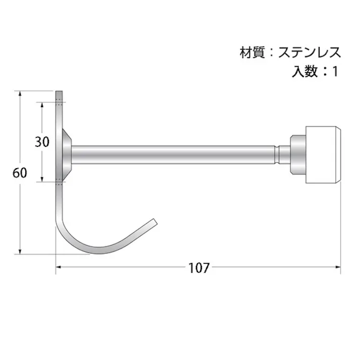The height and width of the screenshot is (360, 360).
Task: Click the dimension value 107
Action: coord(199,268)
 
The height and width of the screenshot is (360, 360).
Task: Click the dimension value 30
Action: coord(42,142)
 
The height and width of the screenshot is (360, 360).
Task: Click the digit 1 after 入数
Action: coord(334,71)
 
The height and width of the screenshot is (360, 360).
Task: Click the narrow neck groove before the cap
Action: coord(278,154)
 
